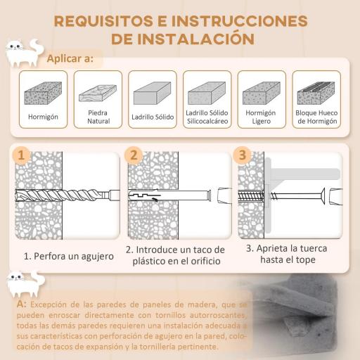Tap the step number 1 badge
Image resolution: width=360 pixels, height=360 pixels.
click(x=22, y=155)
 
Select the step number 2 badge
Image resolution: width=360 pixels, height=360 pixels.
click(x=134, y=155)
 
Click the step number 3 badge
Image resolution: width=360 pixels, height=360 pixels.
click(x=243, y=155)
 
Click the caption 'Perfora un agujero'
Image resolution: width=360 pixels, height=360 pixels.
click(x=68, y=256)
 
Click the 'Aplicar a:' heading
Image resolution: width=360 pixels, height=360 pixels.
click(x=70, y=58)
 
